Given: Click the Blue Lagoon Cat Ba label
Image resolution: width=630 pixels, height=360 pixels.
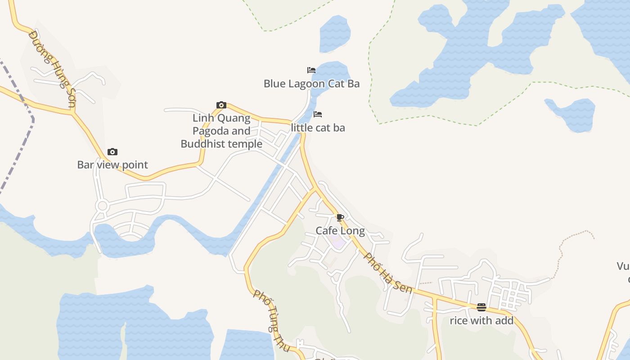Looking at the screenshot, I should click(x=311, y=84).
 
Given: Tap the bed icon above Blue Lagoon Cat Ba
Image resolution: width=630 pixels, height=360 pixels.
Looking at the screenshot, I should click(x=311, y=70).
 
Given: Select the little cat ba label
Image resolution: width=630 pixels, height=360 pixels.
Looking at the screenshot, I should click(x=318, y=128).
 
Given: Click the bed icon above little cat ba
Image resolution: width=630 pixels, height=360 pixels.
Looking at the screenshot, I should click(x=318, y=114).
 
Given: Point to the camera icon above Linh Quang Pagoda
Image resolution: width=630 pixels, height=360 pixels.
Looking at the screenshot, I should click(x=221, y=105).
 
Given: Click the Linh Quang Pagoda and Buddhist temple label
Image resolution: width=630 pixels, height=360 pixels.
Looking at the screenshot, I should click(x=221, y=131).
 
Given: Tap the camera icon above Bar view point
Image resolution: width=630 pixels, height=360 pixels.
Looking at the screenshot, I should click(x=112, y=152).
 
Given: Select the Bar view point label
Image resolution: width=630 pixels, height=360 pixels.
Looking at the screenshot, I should click(x=112, y=165).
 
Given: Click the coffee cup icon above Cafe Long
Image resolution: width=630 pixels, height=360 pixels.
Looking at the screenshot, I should click(x=340, y=218).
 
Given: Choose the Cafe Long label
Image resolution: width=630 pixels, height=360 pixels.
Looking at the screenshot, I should click(x=340, y=231).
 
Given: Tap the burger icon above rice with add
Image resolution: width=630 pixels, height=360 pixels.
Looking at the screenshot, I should click(x=481, y=307).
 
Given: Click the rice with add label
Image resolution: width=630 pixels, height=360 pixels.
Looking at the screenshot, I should click(x=481, y=321).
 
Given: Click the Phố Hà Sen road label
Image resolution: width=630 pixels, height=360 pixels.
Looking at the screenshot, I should click(x=387, y=273).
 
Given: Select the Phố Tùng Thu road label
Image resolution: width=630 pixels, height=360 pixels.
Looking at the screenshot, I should click(x=269, y=310).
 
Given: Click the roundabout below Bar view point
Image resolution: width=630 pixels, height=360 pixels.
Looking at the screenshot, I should click(x=102, y=206).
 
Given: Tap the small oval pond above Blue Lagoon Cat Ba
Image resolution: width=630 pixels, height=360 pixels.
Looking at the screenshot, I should click(x=335, y=34).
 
